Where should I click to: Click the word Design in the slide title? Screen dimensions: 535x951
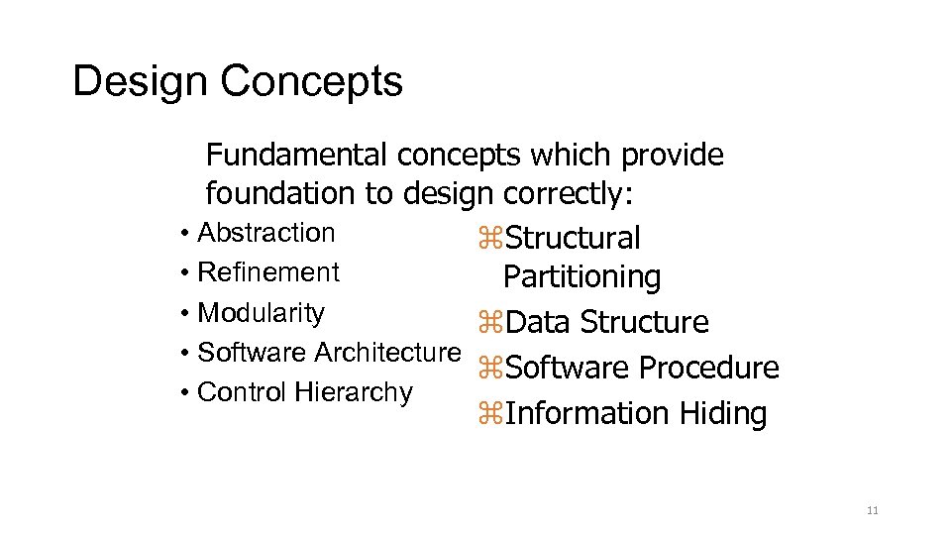point(141,81)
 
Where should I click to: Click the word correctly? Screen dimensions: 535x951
point(567,193)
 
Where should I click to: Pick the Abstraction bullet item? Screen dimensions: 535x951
point(266,233)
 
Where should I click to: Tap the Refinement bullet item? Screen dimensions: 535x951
point(268,272)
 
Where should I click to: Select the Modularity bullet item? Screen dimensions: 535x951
point(262,313)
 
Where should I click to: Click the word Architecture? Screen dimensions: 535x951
point(387,353)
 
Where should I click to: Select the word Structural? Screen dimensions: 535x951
point(573,239)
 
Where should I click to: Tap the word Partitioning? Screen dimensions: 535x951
point(581,277)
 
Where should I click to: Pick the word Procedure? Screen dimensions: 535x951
point(708,369)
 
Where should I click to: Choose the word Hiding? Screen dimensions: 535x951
point(723,414)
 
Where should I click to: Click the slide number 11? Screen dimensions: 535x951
point(872,511)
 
